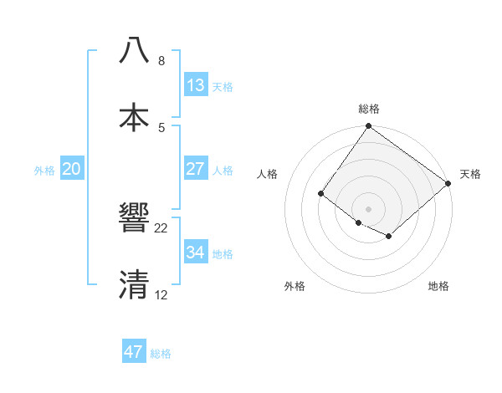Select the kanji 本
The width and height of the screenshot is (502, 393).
(135, 116)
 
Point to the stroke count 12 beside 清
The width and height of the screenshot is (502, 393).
(161, 294)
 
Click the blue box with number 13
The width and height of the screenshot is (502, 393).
(196, 84)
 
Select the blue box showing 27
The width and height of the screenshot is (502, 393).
(196, 168)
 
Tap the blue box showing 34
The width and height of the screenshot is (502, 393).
(196, 252)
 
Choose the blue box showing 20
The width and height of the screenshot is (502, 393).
(72, 168)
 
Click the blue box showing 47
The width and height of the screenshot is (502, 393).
(134, 352)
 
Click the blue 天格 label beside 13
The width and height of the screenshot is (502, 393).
(223, 86)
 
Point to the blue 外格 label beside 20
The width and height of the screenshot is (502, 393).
(44, 171)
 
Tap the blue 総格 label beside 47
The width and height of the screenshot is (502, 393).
(161, 354)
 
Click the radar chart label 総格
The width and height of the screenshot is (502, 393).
(369, 109)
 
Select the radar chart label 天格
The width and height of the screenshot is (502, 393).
(470, 174)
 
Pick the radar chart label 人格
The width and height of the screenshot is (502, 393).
(268, 174)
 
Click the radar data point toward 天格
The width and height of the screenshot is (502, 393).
(448, 184)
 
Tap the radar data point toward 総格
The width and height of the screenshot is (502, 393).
(368, 127)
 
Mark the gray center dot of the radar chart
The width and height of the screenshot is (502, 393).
(368, 209)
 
